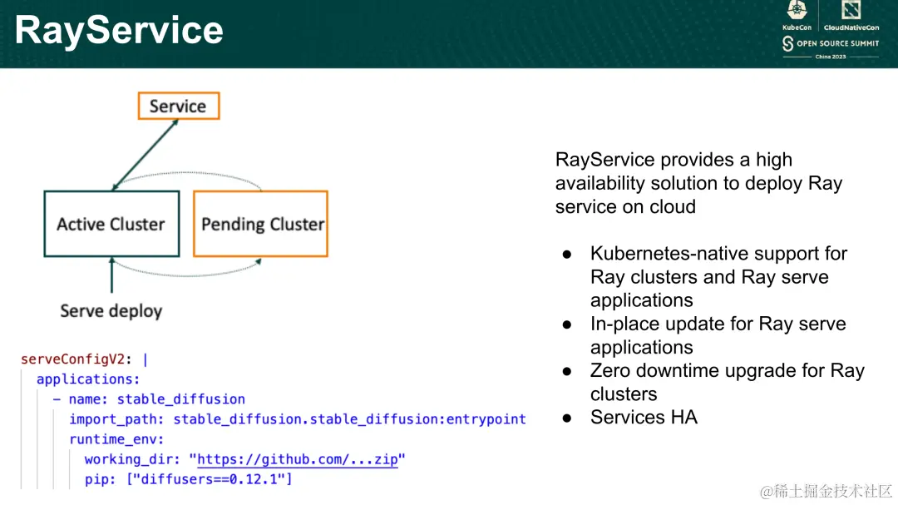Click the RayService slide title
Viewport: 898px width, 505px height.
click(119, 31)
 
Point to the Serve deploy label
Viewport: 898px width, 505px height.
click(111, 310)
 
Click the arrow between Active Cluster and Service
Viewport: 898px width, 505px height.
click(145, 155)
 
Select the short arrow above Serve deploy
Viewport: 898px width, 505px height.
click(111, 275)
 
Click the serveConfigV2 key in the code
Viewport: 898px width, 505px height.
click(72, 359)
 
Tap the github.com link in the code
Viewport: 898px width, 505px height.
click(297, 459)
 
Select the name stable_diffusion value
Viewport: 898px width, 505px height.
click(181, 399)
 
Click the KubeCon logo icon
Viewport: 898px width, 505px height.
click(797, 10)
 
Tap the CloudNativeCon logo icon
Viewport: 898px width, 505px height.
click(851, 10)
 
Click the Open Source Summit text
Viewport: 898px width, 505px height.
click(837, 43)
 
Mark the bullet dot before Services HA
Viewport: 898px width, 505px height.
click(567, 418)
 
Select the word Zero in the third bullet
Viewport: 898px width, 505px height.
click(610, 370)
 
